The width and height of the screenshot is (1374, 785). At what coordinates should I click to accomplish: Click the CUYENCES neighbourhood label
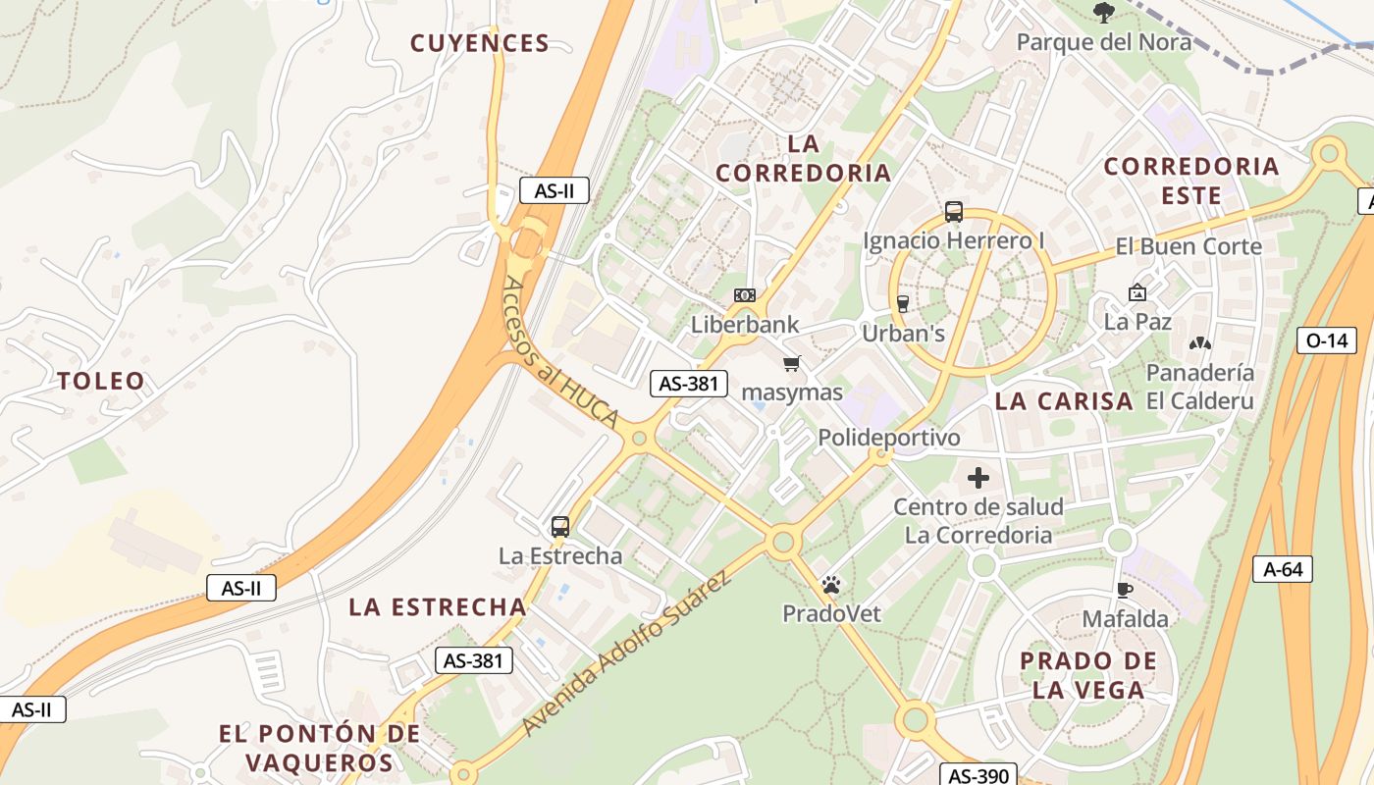[x=479, y=43]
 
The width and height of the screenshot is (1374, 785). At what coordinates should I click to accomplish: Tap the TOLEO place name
[x=101, y=381]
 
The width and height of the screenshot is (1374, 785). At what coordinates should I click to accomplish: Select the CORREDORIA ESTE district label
[x=1191, y=181]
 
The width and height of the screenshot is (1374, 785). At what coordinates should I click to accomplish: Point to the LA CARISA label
[x=1064, y=401]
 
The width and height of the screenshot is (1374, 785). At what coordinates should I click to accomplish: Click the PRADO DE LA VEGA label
[x=1087, y=675]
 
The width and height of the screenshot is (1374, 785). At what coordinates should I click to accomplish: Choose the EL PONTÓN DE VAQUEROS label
[x=319, y=748]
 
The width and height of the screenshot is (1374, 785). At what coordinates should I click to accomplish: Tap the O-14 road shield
[x=1326, y=340]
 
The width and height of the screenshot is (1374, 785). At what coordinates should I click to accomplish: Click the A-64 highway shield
[x=1283, y=568]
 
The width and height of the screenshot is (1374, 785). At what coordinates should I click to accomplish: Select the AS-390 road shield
[x=978, y=775]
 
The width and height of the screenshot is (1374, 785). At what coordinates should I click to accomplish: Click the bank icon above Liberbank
[x=745, y=295]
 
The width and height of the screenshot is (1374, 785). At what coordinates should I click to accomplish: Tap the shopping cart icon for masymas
[x=792, y=364]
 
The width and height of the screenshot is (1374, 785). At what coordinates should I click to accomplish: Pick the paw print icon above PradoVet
[x=831, y=586]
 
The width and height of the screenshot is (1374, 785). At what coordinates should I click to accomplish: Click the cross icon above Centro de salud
[x=978, y=479]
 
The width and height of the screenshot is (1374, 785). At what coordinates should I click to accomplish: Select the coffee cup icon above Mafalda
[x=1125, y=590]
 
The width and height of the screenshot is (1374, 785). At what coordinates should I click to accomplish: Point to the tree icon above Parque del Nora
[x=1104, y=13]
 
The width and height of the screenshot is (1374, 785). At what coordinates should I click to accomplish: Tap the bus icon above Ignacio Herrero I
[x=953, y=211]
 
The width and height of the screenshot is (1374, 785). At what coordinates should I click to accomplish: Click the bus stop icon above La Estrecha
[x=560, y=527]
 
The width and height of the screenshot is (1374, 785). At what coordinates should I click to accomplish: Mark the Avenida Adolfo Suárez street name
[x=627, y=653]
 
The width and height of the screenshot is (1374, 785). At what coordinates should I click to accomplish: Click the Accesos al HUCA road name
[x=560, y=352]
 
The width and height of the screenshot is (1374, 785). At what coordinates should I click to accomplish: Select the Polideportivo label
[x=889, y=438]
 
